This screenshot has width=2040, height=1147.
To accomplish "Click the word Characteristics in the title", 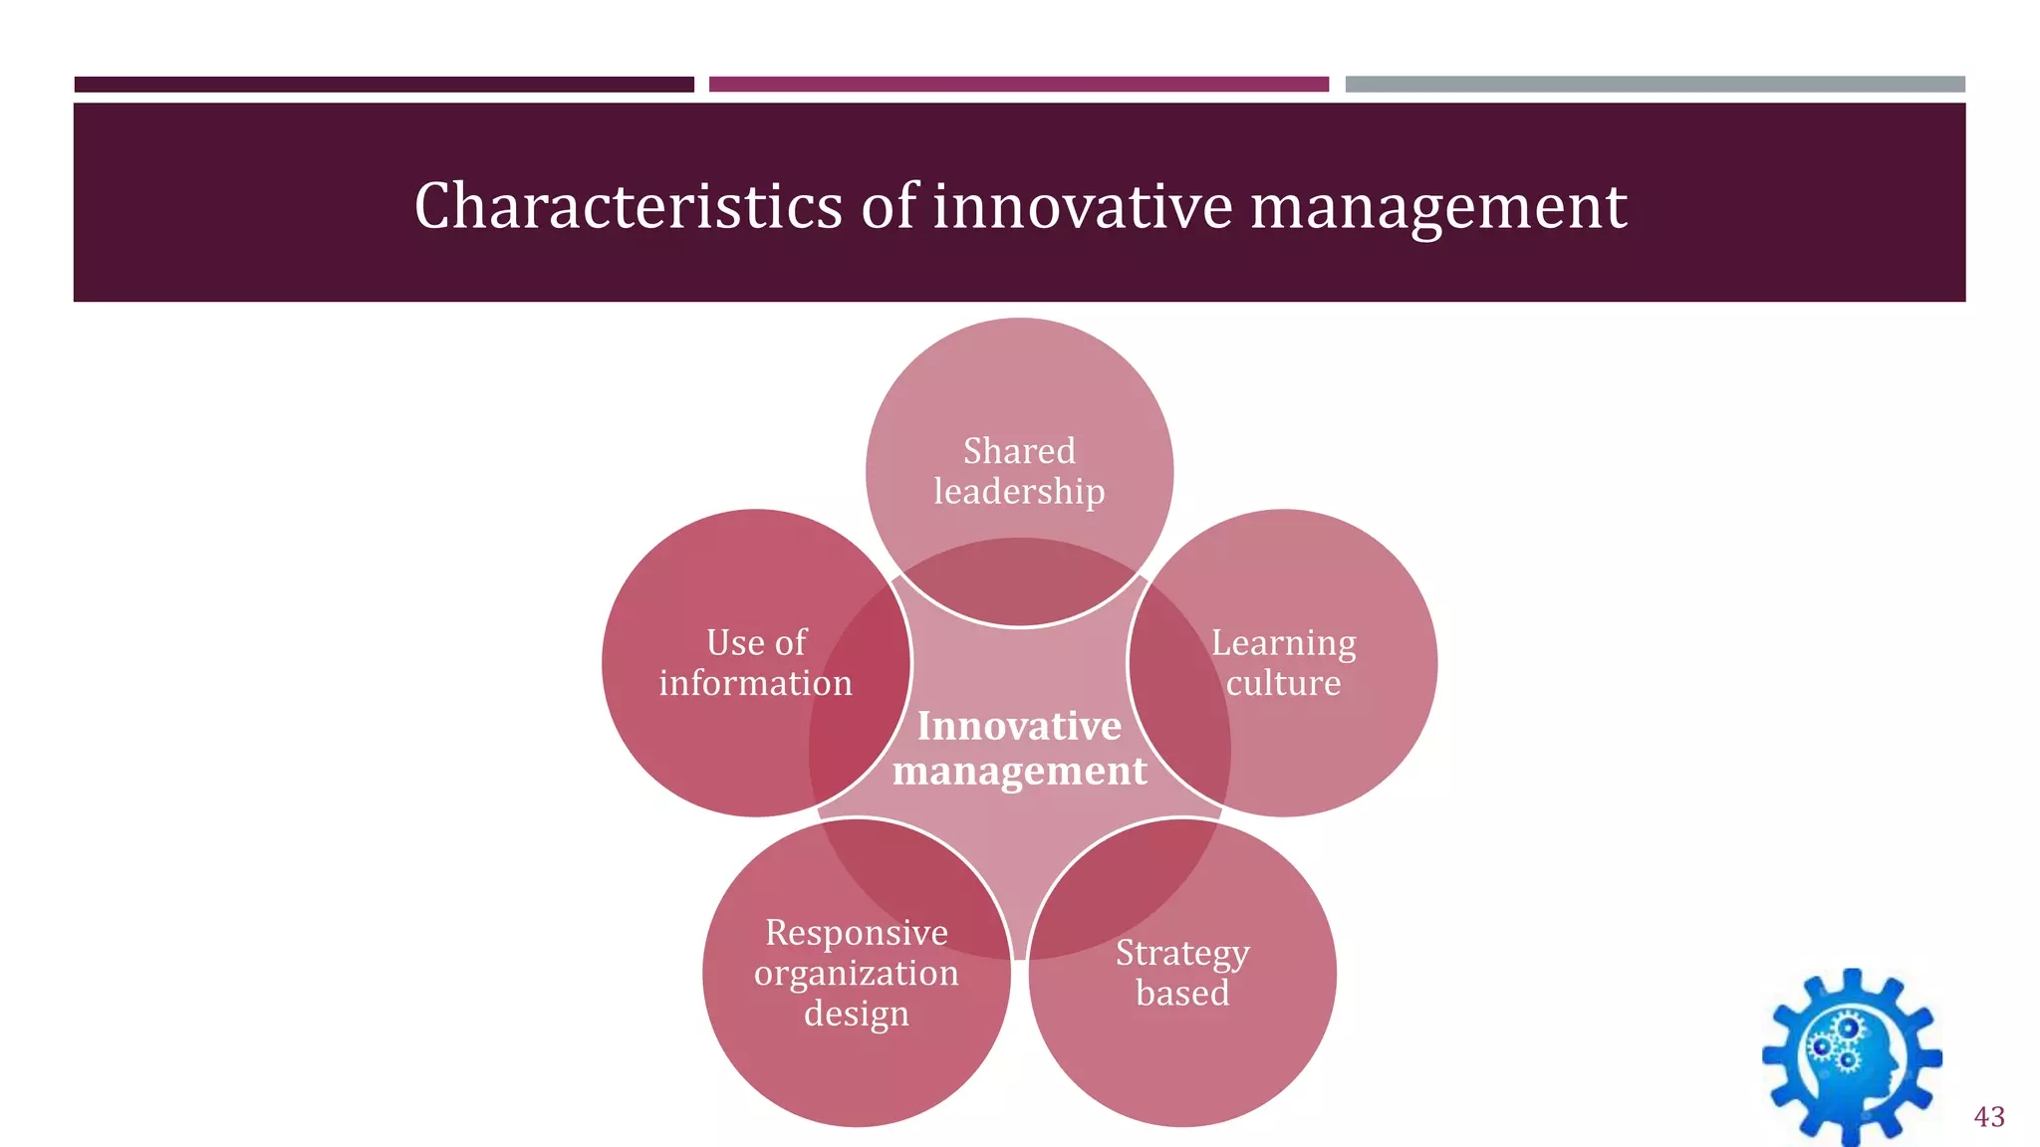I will pyautogui.click(x=629, y=206).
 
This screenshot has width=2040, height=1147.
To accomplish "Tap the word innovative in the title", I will pyautogui.click(x=1082, y=206).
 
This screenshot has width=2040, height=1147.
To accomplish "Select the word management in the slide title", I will pyautogui.click(x=1438, y=206).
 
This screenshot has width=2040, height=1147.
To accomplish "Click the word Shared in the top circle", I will pyautogui.click(x=1019, y=451).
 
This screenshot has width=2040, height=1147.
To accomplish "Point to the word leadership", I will pyautogui.click(x=1019, y=492).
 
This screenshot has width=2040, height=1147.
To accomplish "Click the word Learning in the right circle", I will pyautogui.click(x=1283, y=643).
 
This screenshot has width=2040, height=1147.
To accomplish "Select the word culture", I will pyautogui.click(x=1283, y=683).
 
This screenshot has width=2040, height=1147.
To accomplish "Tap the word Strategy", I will pyautogui.click(x=1182, y=954).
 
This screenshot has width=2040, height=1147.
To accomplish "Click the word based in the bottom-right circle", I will pyautogui.click(x=1182, y=993).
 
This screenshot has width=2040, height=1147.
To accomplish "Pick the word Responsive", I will pyautogui.click(x=857, y=933).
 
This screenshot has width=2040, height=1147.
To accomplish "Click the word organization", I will pyautogui.click(x=857, y=973).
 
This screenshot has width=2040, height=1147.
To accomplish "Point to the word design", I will pyautogui.click(x=857, y=1014).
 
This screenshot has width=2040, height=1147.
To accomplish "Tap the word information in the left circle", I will pyautogui.click(x=756, y=683).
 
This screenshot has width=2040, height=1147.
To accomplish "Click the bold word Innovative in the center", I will pyautogui.click(x=1019, y=726).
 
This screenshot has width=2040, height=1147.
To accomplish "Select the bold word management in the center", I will pyautogui.click(x=1019, y=771).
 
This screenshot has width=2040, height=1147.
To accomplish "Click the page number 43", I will pyautogui.click(x=1989, y=1116).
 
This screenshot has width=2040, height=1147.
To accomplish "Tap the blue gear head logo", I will pyautogui.click(x=1852, y=1057).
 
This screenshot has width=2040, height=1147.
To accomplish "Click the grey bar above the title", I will pyautogui.click(x=1655, y=85).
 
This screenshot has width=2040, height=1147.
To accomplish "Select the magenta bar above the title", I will pyautogui.click(x=1019, y=85).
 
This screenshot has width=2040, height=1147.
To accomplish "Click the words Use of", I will pyautogui.click(x=756, y=643).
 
